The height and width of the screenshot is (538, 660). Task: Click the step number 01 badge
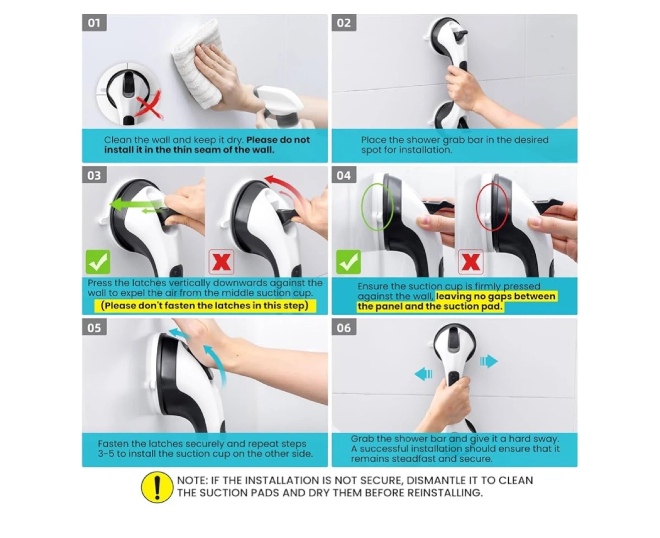click(94, 22)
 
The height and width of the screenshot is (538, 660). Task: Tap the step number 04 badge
click(344, 175)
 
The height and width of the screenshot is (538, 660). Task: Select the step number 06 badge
click(344, 328)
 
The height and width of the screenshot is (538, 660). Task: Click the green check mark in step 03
click(98, 262)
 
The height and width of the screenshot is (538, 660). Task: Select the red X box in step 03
click(221, 262)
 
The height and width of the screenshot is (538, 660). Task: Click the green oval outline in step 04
click(377, 207)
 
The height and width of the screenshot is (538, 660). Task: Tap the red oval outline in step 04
click(492, 207)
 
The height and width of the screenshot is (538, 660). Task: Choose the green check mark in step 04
click(348, 262)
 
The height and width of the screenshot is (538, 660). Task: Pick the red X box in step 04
click(471, 262)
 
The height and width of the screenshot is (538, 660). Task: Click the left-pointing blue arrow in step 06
click(423, 373)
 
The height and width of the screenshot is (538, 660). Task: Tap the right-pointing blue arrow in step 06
click(489, 362)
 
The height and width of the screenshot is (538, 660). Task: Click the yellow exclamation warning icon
click(157, 487)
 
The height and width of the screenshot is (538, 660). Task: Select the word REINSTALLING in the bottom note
click(445, 493)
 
